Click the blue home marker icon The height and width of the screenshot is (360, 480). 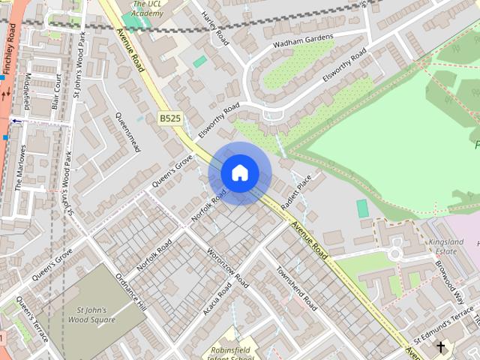(239, 173)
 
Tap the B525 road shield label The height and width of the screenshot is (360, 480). (170, 118)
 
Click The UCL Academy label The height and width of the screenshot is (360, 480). (147, 8)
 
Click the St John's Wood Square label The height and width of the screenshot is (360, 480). (97, 315)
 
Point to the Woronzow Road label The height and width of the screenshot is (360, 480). (227, 268)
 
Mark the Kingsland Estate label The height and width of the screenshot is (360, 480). (446, 247)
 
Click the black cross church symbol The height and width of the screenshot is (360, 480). (441, 348)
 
